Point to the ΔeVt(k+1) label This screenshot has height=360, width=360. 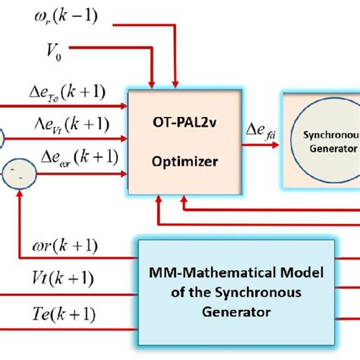[x=65, y=125]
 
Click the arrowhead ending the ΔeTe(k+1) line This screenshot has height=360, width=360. [x=125, y=107]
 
